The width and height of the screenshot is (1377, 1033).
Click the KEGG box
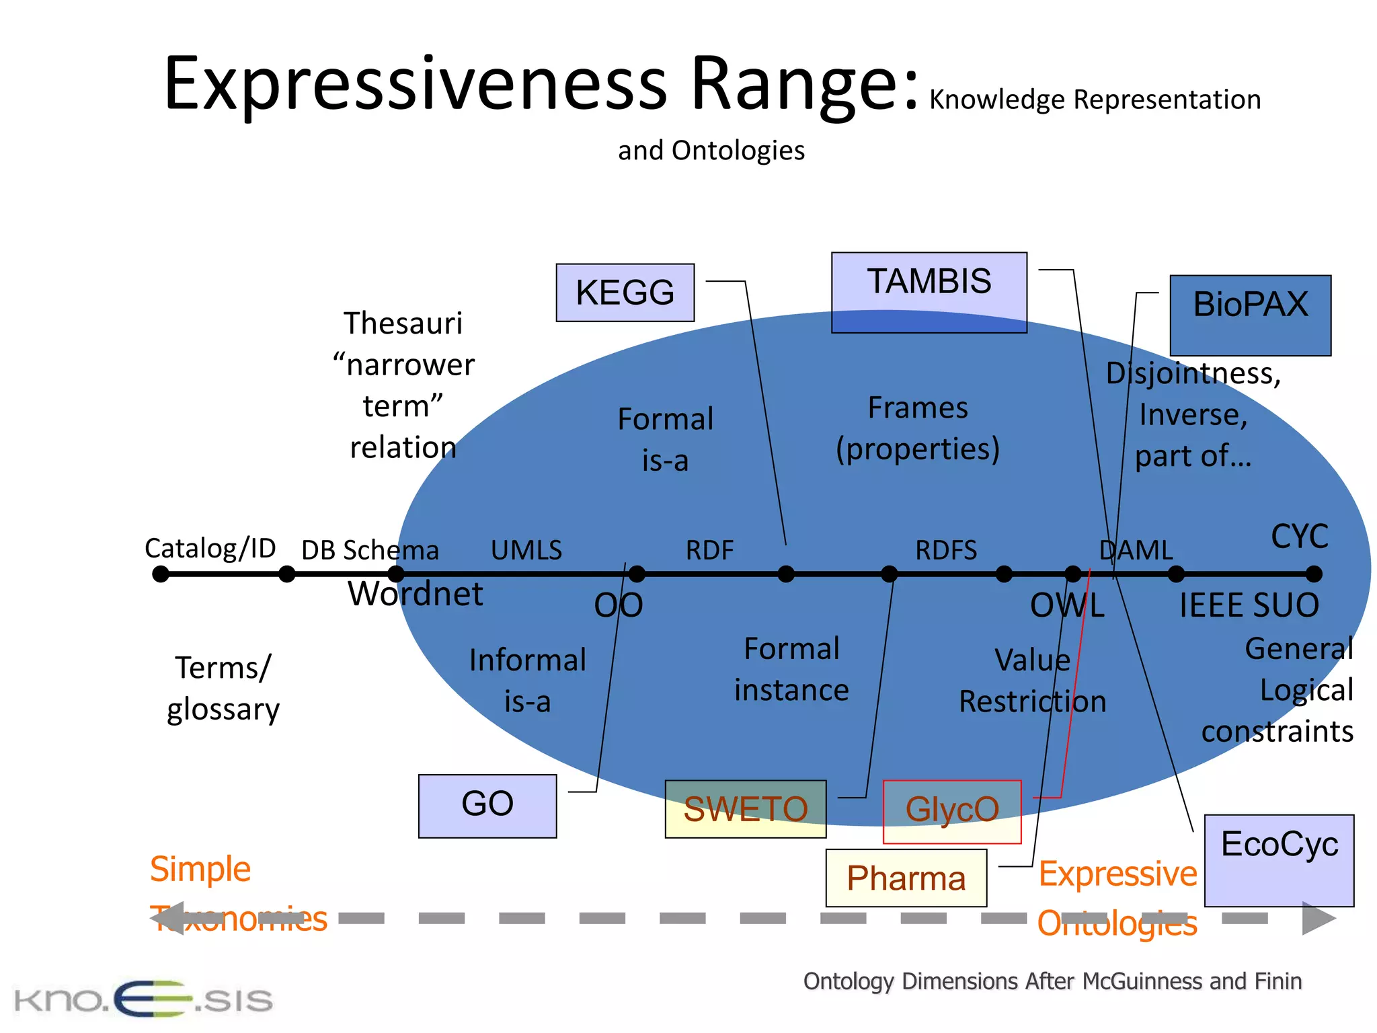point(625,293)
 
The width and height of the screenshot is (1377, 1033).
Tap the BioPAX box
point(1250,315)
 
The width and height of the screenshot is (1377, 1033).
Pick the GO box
point(487,806)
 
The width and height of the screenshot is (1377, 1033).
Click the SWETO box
point(745,808)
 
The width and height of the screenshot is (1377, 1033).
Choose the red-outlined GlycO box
point(951,811)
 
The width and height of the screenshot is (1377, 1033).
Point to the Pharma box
point(906,878)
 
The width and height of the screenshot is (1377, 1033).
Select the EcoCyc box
point(1278,859)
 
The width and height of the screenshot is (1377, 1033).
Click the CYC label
point(1299,537)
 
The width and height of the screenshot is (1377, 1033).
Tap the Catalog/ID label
point(210,548)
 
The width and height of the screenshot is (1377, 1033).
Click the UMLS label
point(526,550)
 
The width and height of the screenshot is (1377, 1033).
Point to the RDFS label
point(945,550)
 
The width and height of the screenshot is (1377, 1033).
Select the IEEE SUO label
point(1249,605)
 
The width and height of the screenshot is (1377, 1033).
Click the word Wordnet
point(415,594)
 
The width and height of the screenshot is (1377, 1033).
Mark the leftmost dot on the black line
point(160,574)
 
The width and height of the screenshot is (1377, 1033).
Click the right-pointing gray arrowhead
point(1318,918)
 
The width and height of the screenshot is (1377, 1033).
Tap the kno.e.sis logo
point(143,999)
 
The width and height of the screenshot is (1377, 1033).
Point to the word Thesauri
point(403,323)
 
